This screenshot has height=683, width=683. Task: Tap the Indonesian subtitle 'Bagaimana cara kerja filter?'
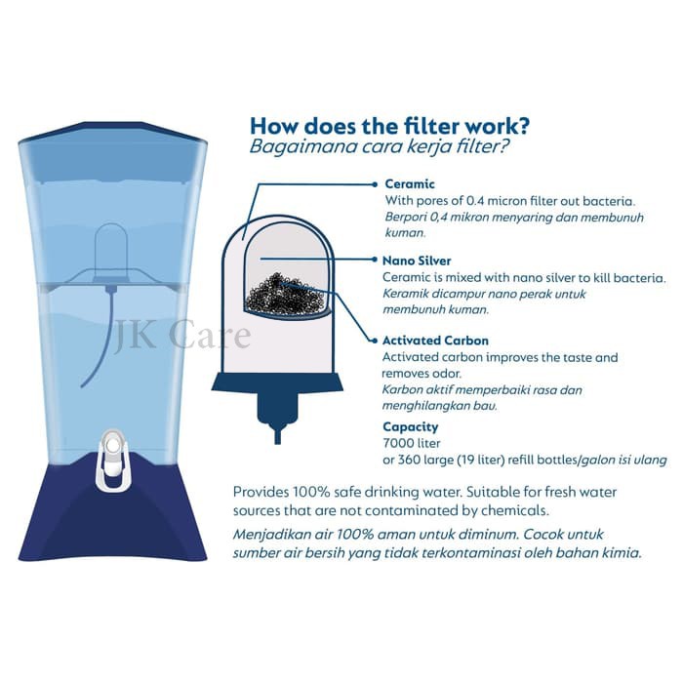coord(382,148)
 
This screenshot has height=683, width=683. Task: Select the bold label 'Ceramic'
coord(410,183)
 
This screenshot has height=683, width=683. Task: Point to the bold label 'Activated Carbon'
coord(436,341)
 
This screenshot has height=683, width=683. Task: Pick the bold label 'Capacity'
coord(411,426)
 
